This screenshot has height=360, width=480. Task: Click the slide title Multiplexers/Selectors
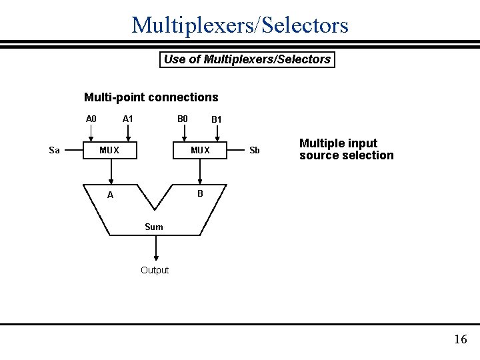pyautogui.click(x=240, y=25)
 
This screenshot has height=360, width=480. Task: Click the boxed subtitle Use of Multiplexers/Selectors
pyautogui.click(x=247, y=59)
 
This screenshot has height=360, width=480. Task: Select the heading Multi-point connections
pyautogui.click(x=151, y=97)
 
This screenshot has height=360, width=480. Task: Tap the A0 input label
pyautogui.click(x=91, y=119)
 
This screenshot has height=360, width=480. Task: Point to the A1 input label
pyautogui.click(x=128, y=119)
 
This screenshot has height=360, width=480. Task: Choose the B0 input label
pyautogui.click(x=183, y=119)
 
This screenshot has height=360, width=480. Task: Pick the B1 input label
pyautogui.click(x=217, y=120)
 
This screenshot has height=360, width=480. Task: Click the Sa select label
pyautogui.click(x=55, y=150)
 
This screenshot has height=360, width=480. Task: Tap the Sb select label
pyautogui.click(x=254, y=150)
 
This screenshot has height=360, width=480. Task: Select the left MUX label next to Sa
pyautogui.click(x=109, y=150)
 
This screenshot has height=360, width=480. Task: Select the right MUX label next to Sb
pyautogui.click(x=200, y=150)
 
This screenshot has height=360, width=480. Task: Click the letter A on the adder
pyautogui.click(x=111, y=195)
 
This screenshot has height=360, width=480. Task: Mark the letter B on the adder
pyautogui.click(x=200, y=194)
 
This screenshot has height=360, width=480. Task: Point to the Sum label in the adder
pyautogui.click(x=154, y=227)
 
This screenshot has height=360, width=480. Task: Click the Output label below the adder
pyautogui.click(x=155, y=270)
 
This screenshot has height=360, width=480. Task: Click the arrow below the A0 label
pyautogui.click(x=91, y=133)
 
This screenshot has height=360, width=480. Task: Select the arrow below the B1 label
pyautogui.click(x=215, y=134)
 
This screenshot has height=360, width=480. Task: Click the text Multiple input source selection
pyautogui.click(x=346, y=149)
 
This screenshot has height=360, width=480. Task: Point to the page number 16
pyautogui.click(x=461, y=339)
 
